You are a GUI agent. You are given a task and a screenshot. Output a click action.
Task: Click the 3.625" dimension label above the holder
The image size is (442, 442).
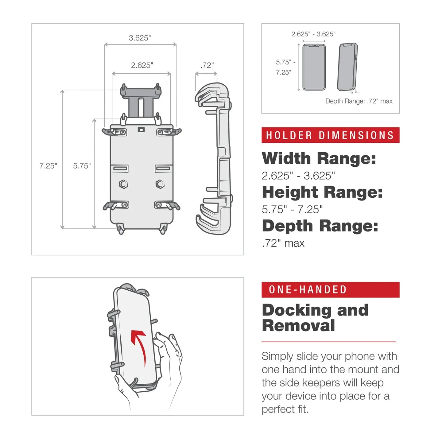tap(140, 38)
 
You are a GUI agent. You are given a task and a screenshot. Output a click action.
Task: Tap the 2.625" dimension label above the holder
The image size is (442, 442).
tap(142, 65)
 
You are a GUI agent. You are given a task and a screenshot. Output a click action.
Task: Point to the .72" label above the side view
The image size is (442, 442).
tap(207, 65)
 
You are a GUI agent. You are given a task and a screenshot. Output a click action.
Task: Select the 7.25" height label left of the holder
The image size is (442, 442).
tap(48, 166)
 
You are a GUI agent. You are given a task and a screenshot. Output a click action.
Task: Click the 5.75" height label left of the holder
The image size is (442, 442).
tap(82, 166)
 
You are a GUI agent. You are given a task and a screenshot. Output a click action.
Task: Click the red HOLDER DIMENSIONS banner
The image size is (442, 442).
tap(330, 135)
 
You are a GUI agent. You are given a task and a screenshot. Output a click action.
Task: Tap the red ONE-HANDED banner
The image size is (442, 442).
tap(330, 289)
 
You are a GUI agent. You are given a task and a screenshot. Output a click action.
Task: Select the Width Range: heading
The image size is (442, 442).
tap(319, 158)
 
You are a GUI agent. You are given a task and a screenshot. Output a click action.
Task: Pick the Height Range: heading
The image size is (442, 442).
tap(322, 192)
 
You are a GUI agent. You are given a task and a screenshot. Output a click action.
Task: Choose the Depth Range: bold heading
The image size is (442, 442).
tap(320, 226)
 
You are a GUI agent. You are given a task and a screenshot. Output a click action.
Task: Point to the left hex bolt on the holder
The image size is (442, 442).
tap(123, 184)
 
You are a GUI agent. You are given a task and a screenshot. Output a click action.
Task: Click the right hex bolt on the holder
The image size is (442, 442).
tap(160, 184)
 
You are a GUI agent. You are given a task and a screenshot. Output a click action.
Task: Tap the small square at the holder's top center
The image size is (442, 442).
tap(141, 130)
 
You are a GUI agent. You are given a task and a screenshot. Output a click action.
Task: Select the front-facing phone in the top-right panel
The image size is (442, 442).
tap(314, 67)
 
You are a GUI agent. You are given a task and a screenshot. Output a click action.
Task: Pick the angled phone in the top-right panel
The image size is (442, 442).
tap(347, 67)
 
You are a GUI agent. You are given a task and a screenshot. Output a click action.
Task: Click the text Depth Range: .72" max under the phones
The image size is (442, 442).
tap(359, 101)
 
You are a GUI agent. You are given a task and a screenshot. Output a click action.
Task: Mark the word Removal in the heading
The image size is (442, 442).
tap(298, 326)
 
